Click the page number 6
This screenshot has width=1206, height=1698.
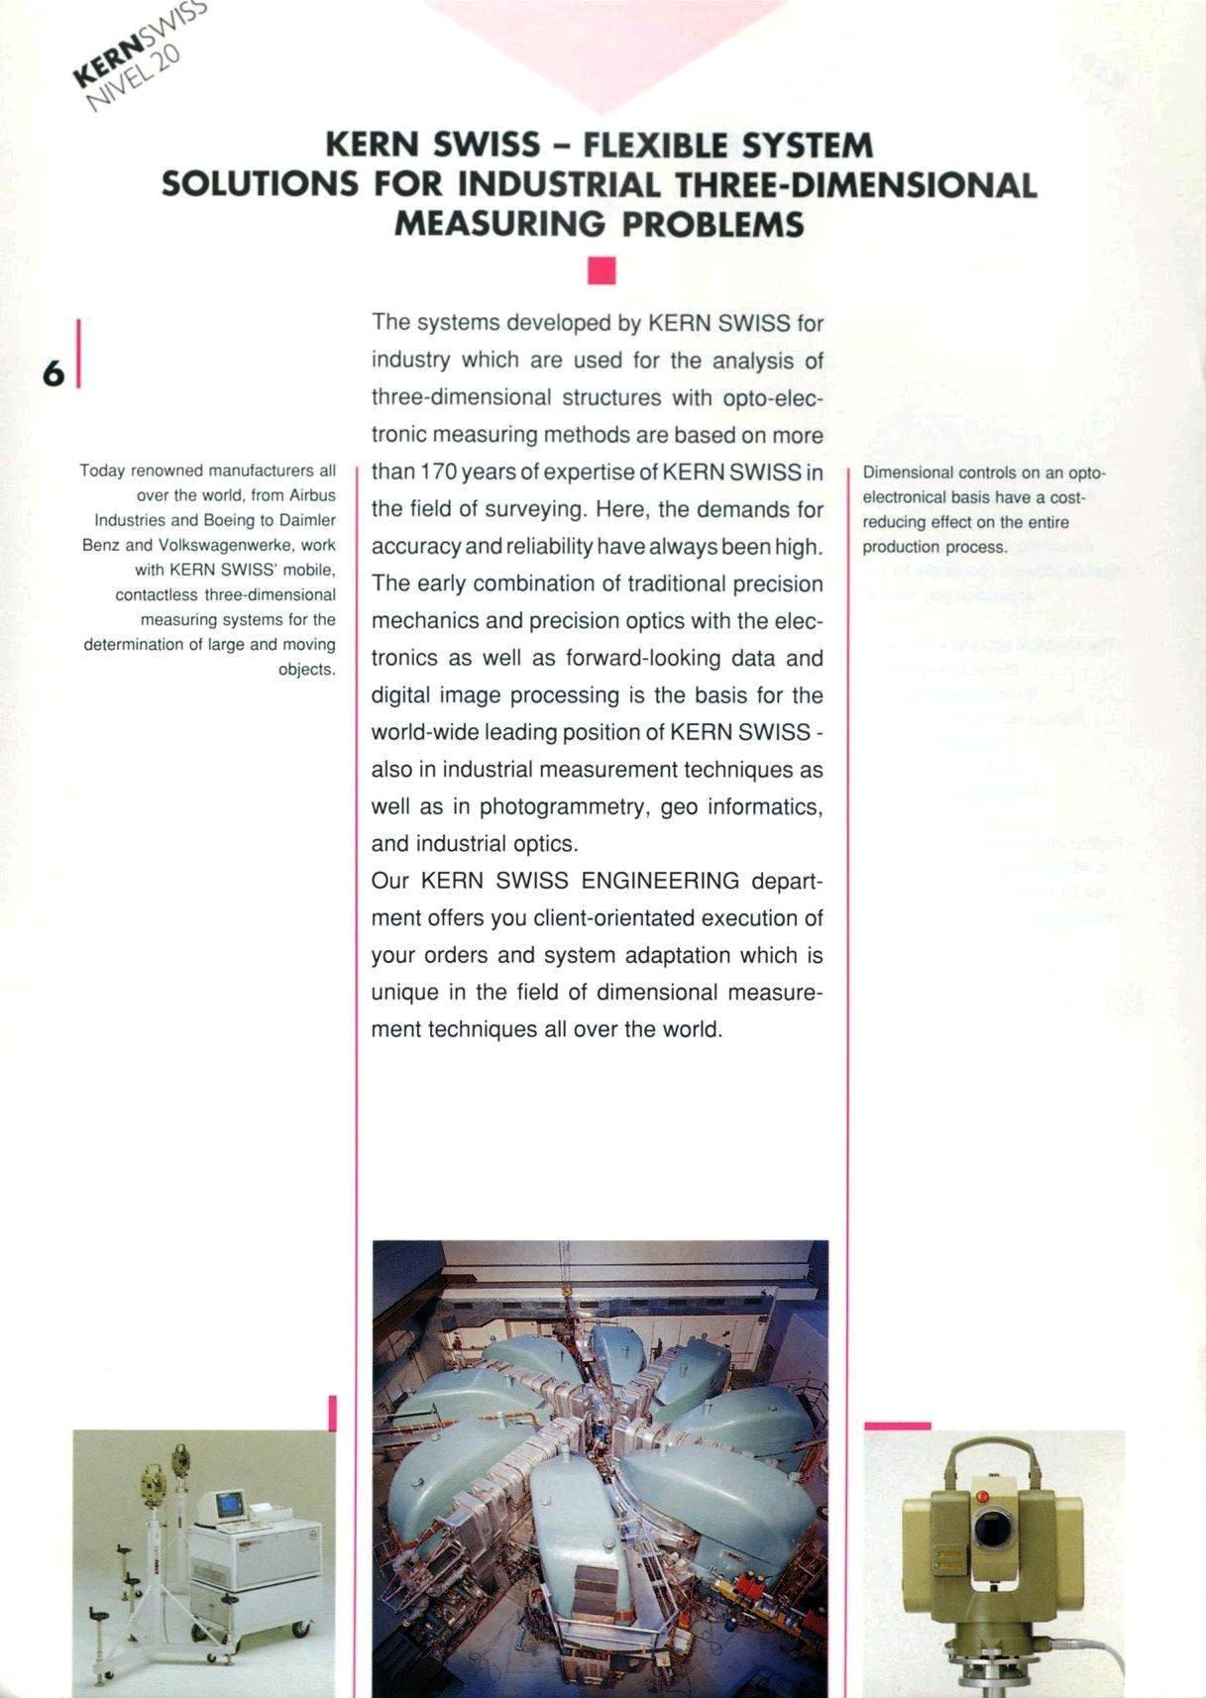pyautogui.click(x=54, y=372)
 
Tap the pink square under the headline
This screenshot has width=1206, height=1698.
pyautogui.click(x=602, y=269)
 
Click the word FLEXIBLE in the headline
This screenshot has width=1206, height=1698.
pyautogui.click(x=655, y=147)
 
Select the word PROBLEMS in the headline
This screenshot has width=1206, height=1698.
pyautogui.click(x=713, y=225)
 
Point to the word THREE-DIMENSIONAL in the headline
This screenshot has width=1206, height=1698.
pyautogui.click(x=855, y=185)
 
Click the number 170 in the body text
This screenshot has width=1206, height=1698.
pyautogui.click(x=438, y=473)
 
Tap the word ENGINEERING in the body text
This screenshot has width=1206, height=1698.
pyautogui.click(x=660, y=881)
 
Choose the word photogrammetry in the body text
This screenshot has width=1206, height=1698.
pyautogui.click(x=563, y=806)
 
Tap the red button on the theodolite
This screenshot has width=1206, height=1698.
pyautogui.click(x=982, y=1496)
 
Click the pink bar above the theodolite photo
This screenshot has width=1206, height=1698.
pyautogui.click(x=897, y=1426)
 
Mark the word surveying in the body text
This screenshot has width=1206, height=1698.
pyautogui.click(x=540, y=509)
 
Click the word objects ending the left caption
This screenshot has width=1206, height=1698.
pyautogui.click(x=307, y=670)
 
